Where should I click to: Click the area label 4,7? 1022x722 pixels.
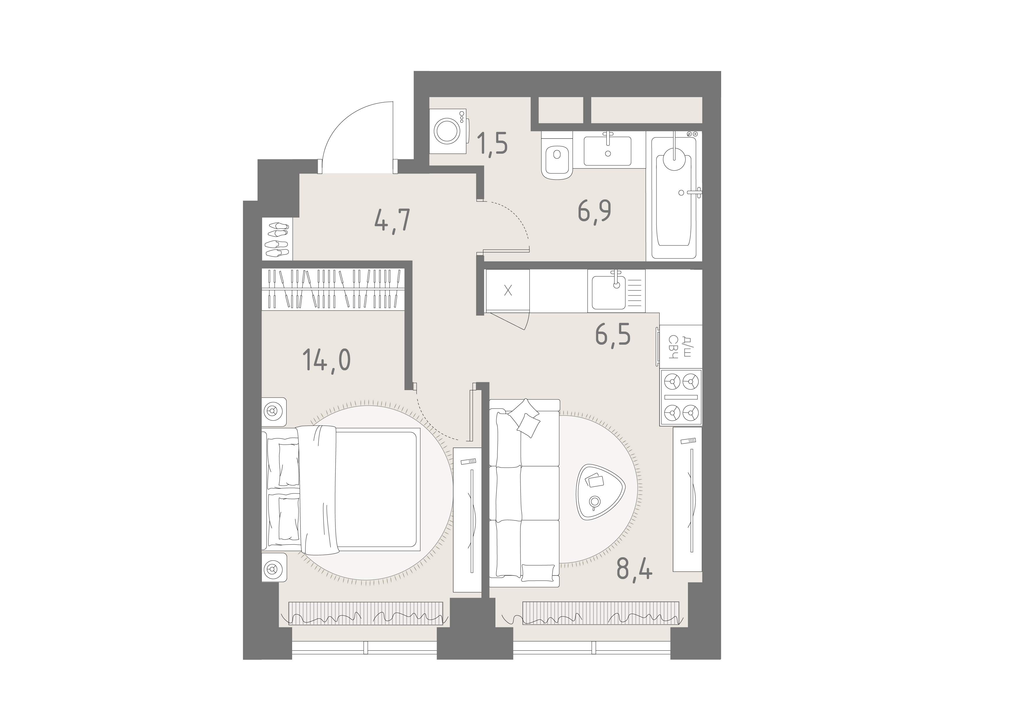pyautogui.click(x=392, y=221)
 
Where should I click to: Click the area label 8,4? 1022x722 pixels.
pyautogui.click(x=634, y=569)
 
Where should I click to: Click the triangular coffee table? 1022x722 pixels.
pyautogui.click(x=601, y=491)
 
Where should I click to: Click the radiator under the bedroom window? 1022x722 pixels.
pyautogui.click(x=366, y=613)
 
